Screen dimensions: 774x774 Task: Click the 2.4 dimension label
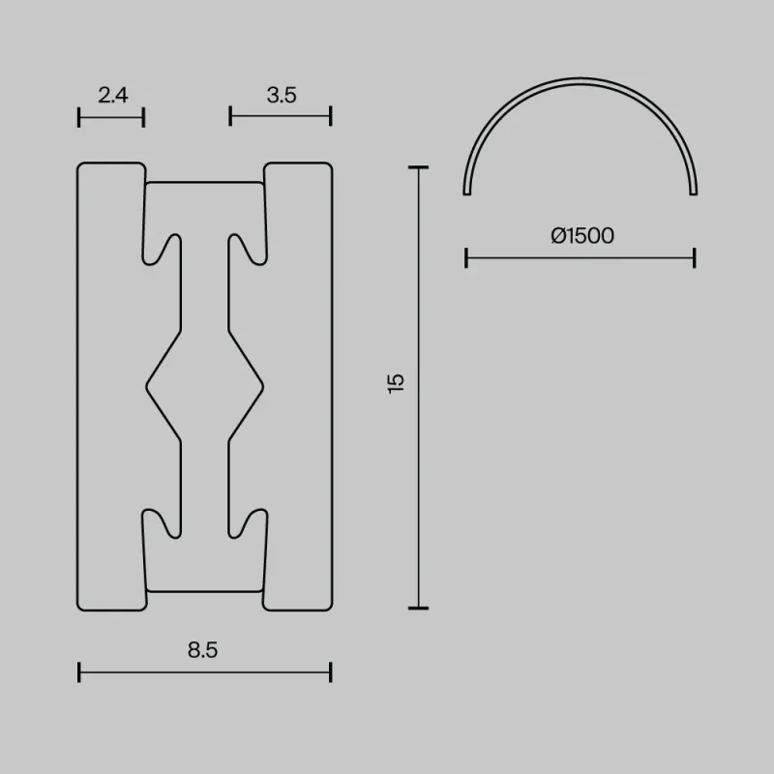(113, 95)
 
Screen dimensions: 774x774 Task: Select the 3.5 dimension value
(282, 95)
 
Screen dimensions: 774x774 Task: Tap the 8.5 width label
(202, 650)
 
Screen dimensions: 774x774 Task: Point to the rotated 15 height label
(396, 383)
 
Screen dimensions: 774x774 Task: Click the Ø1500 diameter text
(582, 235)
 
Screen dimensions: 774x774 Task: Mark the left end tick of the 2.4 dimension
(79, 117)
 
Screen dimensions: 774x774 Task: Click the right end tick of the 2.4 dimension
(143, 117)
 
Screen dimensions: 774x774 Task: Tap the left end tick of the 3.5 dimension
(230, 116)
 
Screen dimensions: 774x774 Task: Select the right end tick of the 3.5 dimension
(331, 116)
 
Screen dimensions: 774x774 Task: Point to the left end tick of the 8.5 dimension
(79, 672)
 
